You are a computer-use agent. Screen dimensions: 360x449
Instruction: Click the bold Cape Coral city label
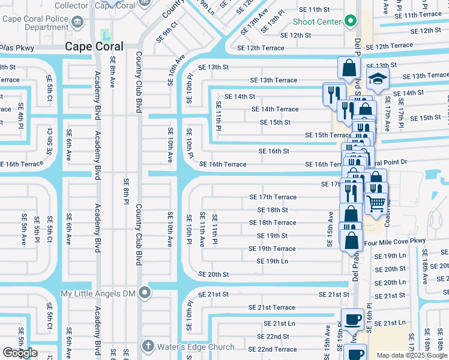point(94,46)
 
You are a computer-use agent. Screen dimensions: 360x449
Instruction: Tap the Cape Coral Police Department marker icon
point(77,23)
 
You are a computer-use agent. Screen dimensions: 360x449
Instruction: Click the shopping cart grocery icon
point(376,203)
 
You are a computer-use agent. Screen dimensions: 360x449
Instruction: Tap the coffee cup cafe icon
point(353,319)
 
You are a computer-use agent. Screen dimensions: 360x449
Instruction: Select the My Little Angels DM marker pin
point(145,293)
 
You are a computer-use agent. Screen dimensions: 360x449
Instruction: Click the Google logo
point(20,352)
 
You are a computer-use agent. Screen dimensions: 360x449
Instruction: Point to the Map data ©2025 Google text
point(411,355)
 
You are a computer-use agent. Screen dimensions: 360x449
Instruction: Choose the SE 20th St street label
point(214,274)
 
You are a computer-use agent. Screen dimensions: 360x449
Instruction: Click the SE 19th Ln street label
point(272,261)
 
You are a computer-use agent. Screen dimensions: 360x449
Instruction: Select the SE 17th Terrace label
point(273,197)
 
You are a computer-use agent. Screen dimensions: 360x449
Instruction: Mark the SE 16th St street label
point(274,151)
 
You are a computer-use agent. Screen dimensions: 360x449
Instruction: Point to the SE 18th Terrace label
point(273,223)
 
